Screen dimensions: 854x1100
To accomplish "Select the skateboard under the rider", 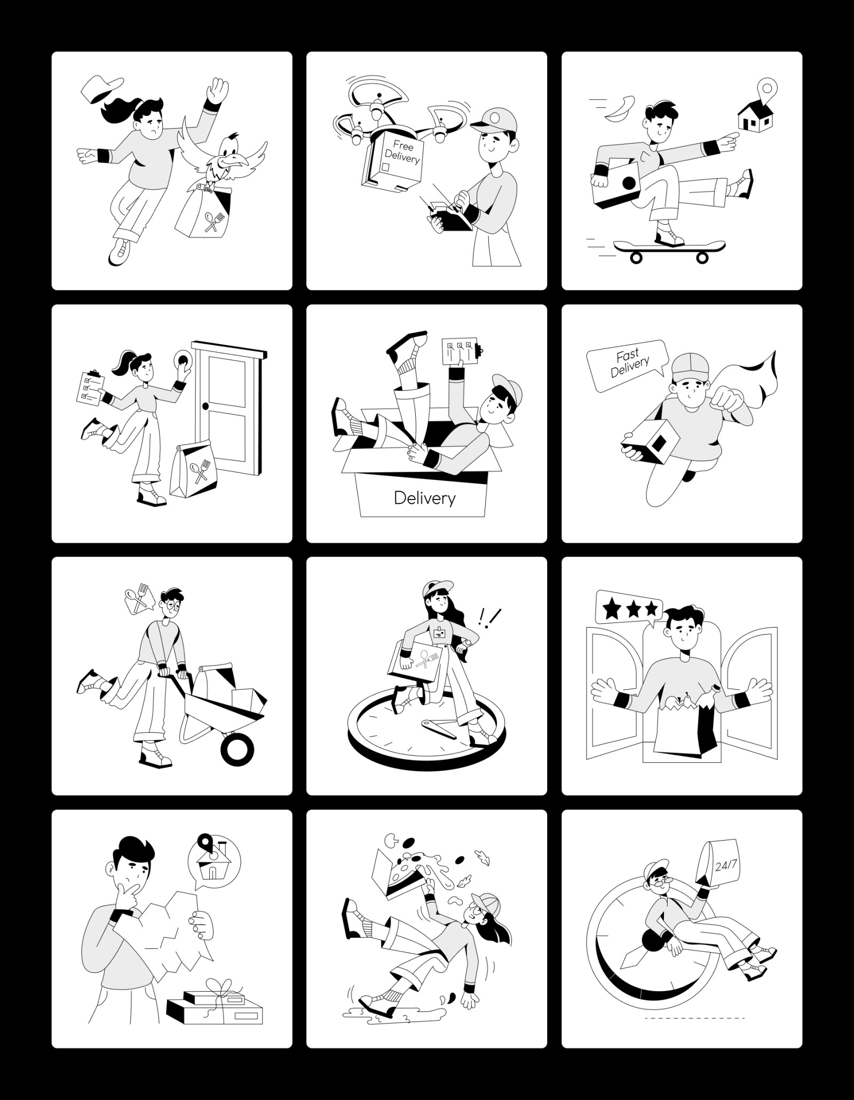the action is click(x=669, y=250).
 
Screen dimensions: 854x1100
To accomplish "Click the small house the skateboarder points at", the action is click(x=755, y=117).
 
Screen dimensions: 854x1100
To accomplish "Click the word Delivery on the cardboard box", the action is click(x=424, y=498).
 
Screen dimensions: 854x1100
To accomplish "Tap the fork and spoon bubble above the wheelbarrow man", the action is click(x=137, y=600).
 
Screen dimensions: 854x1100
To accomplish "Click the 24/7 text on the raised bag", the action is click(x=725, y=865).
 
